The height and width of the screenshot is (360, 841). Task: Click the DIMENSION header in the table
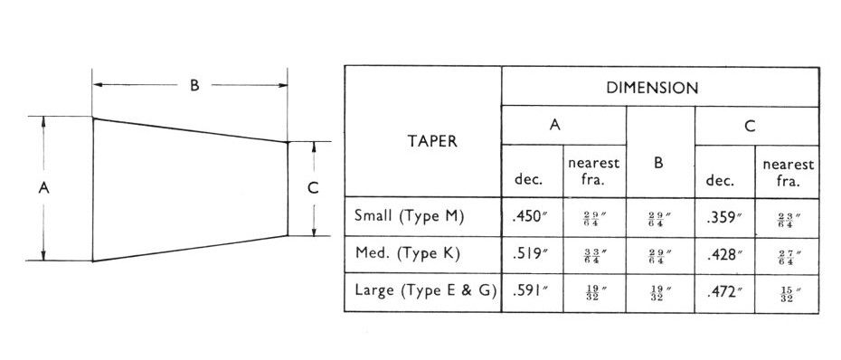tap(659, 88)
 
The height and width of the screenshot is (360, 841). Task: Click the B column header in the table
tap(659, 164)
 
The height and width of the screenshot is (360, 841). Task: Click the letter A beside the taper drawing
tap(43, 188)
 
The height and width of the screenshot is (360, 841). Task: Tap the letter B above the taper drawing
tap(194, 86)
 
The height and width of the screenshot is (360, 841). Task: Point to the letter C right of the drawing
tap(313, 188)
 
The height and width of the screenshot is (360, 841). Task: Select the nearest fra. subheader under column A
tap(593, 172)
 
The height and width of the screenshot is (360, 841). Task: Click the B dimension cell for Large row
tap(659, 293)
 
